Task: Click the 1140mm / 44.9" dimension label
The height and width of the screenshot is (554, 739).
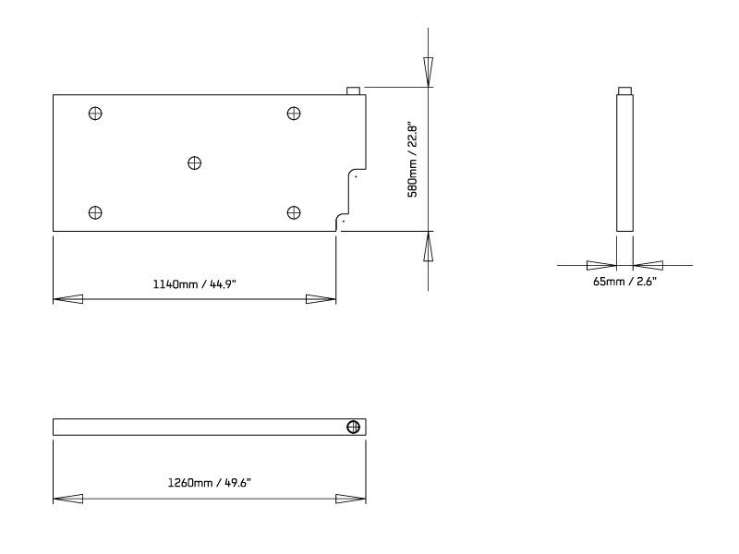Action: [x=195, y=284]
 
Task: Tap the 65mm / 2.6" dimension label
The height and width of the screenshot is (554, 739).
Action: [x=624, y=281]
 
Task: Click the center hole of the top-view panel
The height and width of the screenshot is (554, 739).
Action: [x=194, y=163]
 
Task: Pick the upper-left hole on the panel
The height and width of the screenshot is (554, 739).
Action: [x=94, y=113]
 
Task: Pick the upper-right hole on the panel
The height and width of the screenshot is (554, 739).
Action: [x=294, y=113]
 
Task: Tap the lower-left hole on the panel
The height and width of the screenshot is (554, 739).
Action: [x=94, y=212]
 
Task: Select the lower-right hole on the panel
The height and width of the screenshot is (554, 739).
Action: [x=294, y=212]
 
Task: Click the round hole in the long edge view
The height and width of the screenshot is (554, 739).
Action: [x=353, y=427]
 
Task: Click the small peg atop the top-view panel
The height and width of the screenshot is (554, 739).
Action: [x=353, y=90]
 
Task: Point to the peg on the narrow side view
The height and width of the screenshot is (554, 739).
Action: [x=624, y=90]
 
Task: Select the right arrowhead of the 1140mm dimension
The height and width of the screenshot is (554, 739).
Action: [x=321, y=299]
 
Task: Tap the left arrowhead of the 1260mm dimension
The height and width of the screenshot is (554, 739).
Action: [x=67, y=499]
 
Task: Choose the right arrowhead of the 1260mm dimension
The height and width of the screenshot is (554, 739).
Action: [x=351, y=499]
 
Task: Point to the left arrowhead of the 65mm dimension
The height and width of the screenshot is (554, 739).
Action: [x=601, y=264]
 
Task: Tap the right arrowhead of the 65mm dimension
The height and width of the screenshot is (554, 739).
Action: [x=648, y=264]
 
